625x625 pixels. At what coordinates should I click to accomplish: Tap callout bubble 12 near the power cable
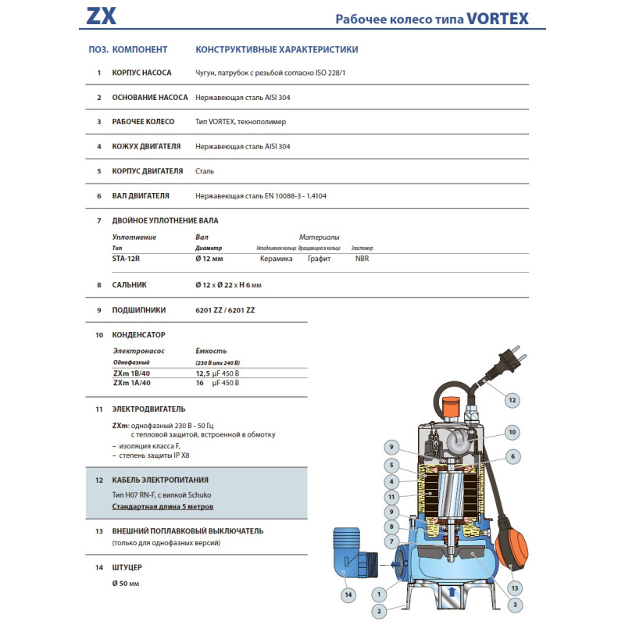[x=512, y=400]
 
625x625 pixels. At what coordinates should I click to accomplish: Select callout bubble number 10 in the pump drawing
[x=512, y=431]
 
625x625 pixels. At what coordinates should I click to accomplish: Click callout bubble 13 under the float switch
[x=514, y=587]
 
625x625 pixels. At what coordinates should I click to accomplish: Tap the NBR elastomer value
[x=362, y=258]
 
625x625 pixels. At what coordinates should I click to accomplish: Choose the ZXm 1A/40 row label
[x=133, y=383]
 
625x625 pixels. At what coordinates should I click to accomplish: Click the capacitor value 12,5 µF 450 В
[x=217, y=373]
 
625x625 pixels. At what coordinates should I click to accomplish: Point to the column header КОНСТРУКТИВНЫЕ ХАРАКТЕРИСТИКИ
[x=277, y=49]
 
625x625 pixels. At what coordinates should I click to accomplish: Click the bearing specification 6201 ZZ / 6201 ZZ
[x=225, y=310]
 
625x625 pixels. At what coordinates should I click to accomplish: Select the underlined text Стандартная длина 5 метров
[x=161, y=506]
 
